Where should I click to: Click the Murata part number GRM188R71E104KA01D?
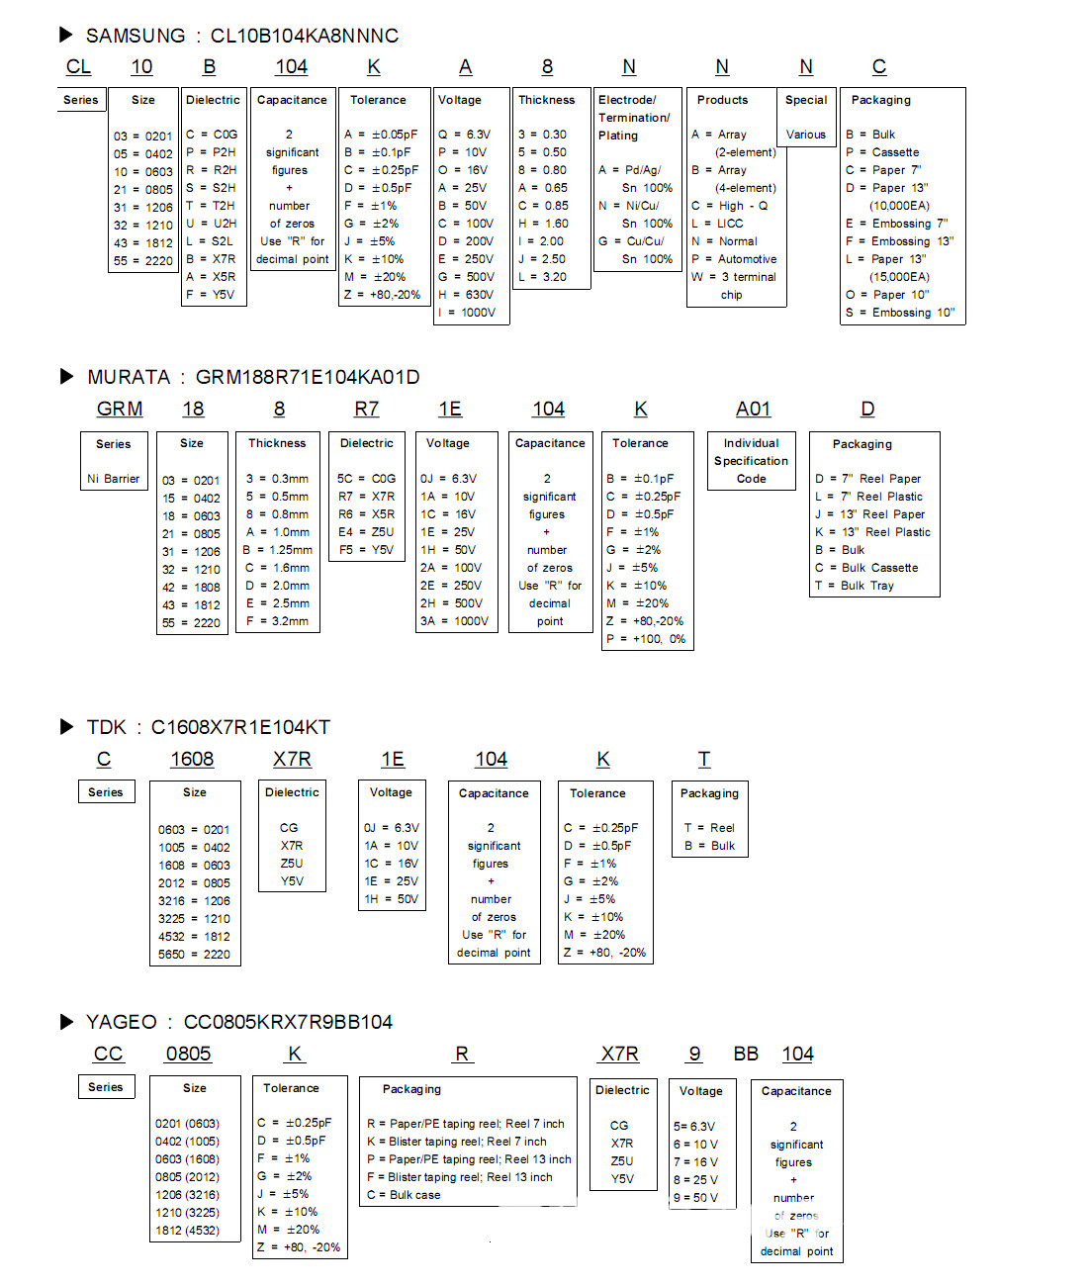coord(308,377)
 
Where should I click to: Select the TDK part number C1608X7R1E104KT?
coord(240,727)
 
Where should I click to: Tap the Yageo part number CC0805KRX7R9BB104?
coord(288,1022)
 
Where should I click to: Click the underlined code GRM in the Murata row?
coord(120,409)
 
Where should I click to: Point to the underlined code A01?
coord(753,409)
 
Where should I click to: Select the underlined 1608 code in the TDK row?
coord(192,759)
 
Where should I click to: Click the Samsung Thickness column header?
coord(546,100)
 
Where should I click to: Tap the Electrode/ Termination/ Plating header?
coord(634,118)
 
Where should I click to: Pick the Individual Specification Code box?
coord(751,461)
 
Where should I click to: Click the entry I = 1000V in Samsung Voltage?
coord(467,313)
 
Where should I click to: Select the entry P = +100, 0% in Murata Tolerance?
coord(646,639)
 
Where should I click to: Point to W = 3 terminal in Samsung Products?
coord(734,277)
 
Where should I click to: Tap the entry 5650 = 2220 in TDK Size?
coord(194,955)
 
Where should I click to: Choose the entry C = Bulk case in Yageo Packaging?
coord(404,1195)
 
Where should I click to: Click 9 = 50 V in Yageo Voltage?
coord(696,1198)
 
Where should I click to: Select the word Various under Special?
coord(805,135)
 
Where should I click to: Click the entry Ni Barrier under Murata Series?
coord(114,479)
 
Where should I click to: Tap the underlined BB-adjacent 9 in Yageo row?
coord(695,1055)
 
